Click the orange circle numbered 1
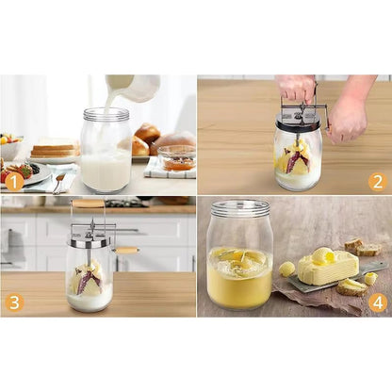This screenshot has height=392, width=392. pyautogui.click(x=14, y=181)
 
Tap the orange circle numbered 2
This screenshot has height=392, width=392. pyautogui.click(x=377, y=181)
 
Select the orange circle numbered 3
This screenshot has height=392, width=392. pyautogui.click(x=14, y=302)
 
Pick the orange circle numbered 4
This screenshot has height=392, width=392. pyautogui.click(x=377, y=302)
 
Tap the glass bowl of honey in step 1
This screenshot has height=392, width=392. pyautogui.click(x=176, y=157)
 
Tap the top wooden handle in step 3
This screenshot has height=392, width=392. pyautogui.click(x=89, y=203)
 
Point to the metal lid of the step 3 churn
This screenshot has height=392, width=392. pyautogui.click(x=89, y=242)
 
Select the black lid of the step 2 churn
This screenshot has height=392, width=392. pyautogui.click(x=298, y=124)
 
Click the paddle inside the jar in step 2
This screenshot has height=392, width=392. pyautogui.click(x=297, y=157)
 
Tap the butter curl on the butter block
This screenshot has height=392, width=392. pyautogui.click(x=323, y=254)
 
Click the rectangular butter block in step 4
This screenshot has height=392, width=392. pyautogui.click(x=328, y=268)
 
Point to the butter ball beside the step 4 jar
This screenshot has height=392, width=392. pyautogui.click(x=286, y=269)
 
